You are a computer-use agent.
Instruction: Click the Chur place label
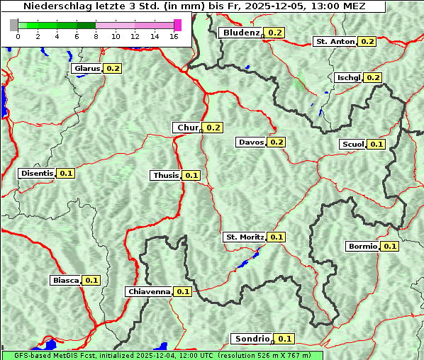coord(187,128)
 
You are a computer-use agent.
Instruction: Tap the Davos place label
coord(251,142)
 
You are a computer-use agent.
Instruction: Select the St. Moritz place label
coord(245,237)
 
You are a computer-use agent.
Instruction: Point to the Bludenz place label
coord(241,33)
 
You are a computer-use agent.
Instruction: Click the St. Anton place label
coord(335,42)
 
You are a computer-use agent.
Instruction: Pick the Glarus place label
coord(87,69)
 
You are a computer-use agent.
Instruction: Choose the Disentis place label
coord(37,173)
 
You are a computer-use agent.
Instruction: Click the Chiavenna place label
coord(149,291)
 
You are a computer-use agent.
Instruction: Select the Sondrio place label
coord(252,339)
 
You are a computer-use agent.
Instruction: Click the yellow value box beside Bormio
coord(390,247)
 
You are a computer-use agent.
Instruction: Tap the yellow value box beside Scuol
coord(376,144)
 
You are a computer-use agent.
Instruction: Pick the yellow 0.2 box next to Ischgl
coord(374,77)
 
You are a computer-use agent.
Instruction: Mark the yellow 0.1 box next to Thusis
coord(191,175)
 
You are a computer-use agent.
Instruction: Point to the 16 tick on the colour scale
coord(174,36)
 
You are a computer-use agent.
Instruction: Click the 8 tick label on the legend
coord(96,36)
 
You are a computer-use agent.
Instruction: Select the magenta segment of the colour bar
coord(177,25)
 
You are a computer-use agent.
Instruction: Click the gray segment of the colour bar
coord(14,25)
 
